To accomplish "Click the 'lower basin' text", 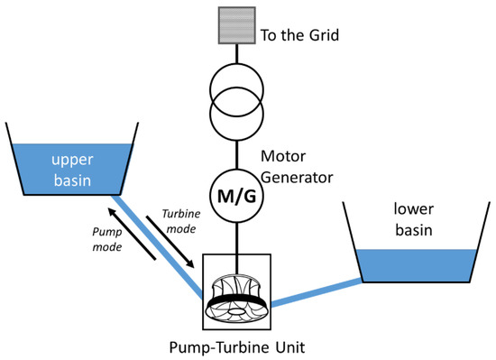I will [416, 219].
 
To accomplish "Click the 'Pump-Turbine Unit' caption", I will [236, 346].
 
